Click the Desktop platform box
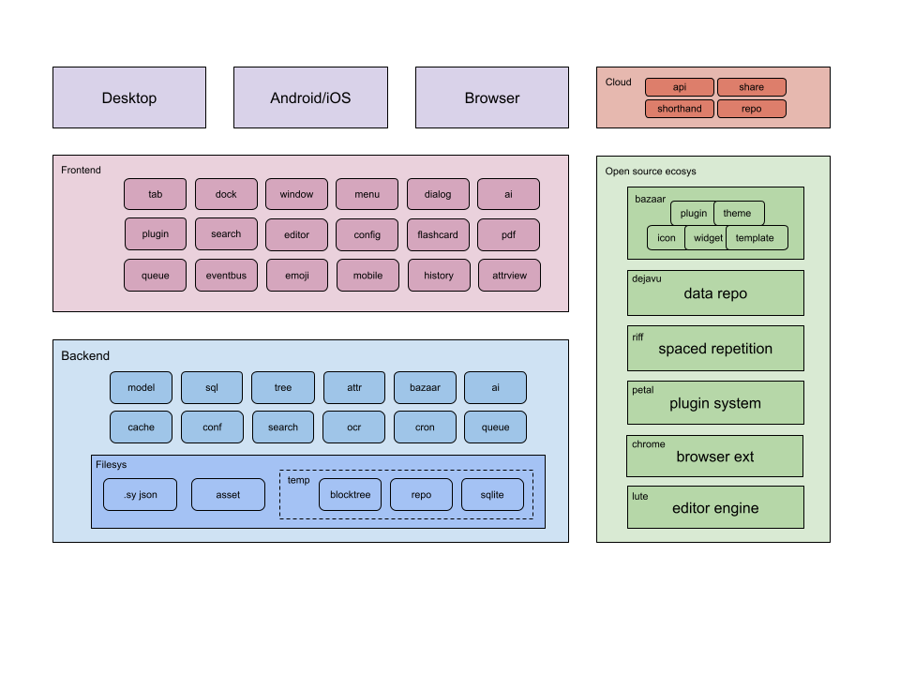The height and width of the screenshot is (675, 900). (x=129, y=97)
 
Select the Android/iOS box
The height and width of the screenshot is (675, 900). (x=310, y=97)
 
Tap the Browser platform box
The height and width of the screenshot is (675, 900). (x=491, y=97)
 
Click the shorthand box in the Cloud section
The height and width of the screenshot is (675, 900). (x=680, y=109)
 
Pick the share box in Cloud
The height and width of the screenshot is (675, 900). (x=751, y=87)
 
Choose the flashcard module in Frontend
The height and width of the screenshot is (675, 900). (x=438, y=234)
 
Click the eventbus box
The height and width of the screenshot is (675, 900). (x=226, y=276)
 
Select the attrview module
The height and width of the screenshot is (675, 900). (x=509, y=276)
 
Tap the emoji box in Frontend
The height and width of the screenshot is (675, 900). (x=296, y=276)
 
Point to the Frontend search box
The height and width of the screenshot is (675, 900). (x=226, y=234)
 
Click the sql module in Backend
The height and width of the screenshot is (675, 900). (x=212, y=387)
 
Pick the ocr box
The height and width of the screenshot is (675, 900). (x=353, y=427)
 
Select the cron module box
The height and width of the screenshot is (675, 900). (x=425, y=427)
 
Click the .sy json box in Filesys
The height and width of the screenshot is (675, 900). (x=140, y=495)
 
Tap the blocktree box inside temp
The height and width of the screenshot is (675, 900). (x=350, y=495)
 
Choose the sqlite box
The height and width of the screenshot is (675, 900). (x=492, y=495)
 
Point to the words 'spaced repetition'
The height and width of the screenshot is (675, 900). (x=715, y=349)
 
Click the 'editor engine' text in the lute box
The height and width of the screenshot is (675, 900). (x=715, y=508)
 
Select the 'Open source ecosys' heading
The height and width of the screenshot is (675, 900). (x=651, y=172)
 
